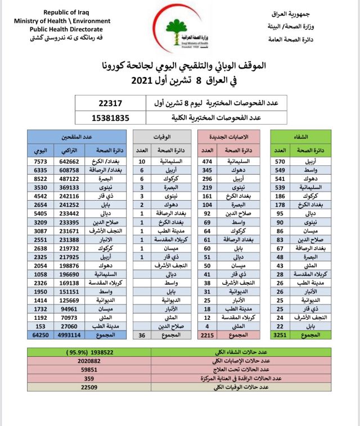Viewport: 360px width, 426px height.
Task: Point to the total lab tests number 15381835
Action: pyautogui.click(x=110, y=117)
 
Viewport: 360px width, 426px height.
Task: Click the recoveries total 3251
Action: pyautogui.click(x=281, y=335)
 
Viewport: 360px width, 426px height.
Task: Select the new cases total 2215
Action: pyautogui.click(x=208, y=335)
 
